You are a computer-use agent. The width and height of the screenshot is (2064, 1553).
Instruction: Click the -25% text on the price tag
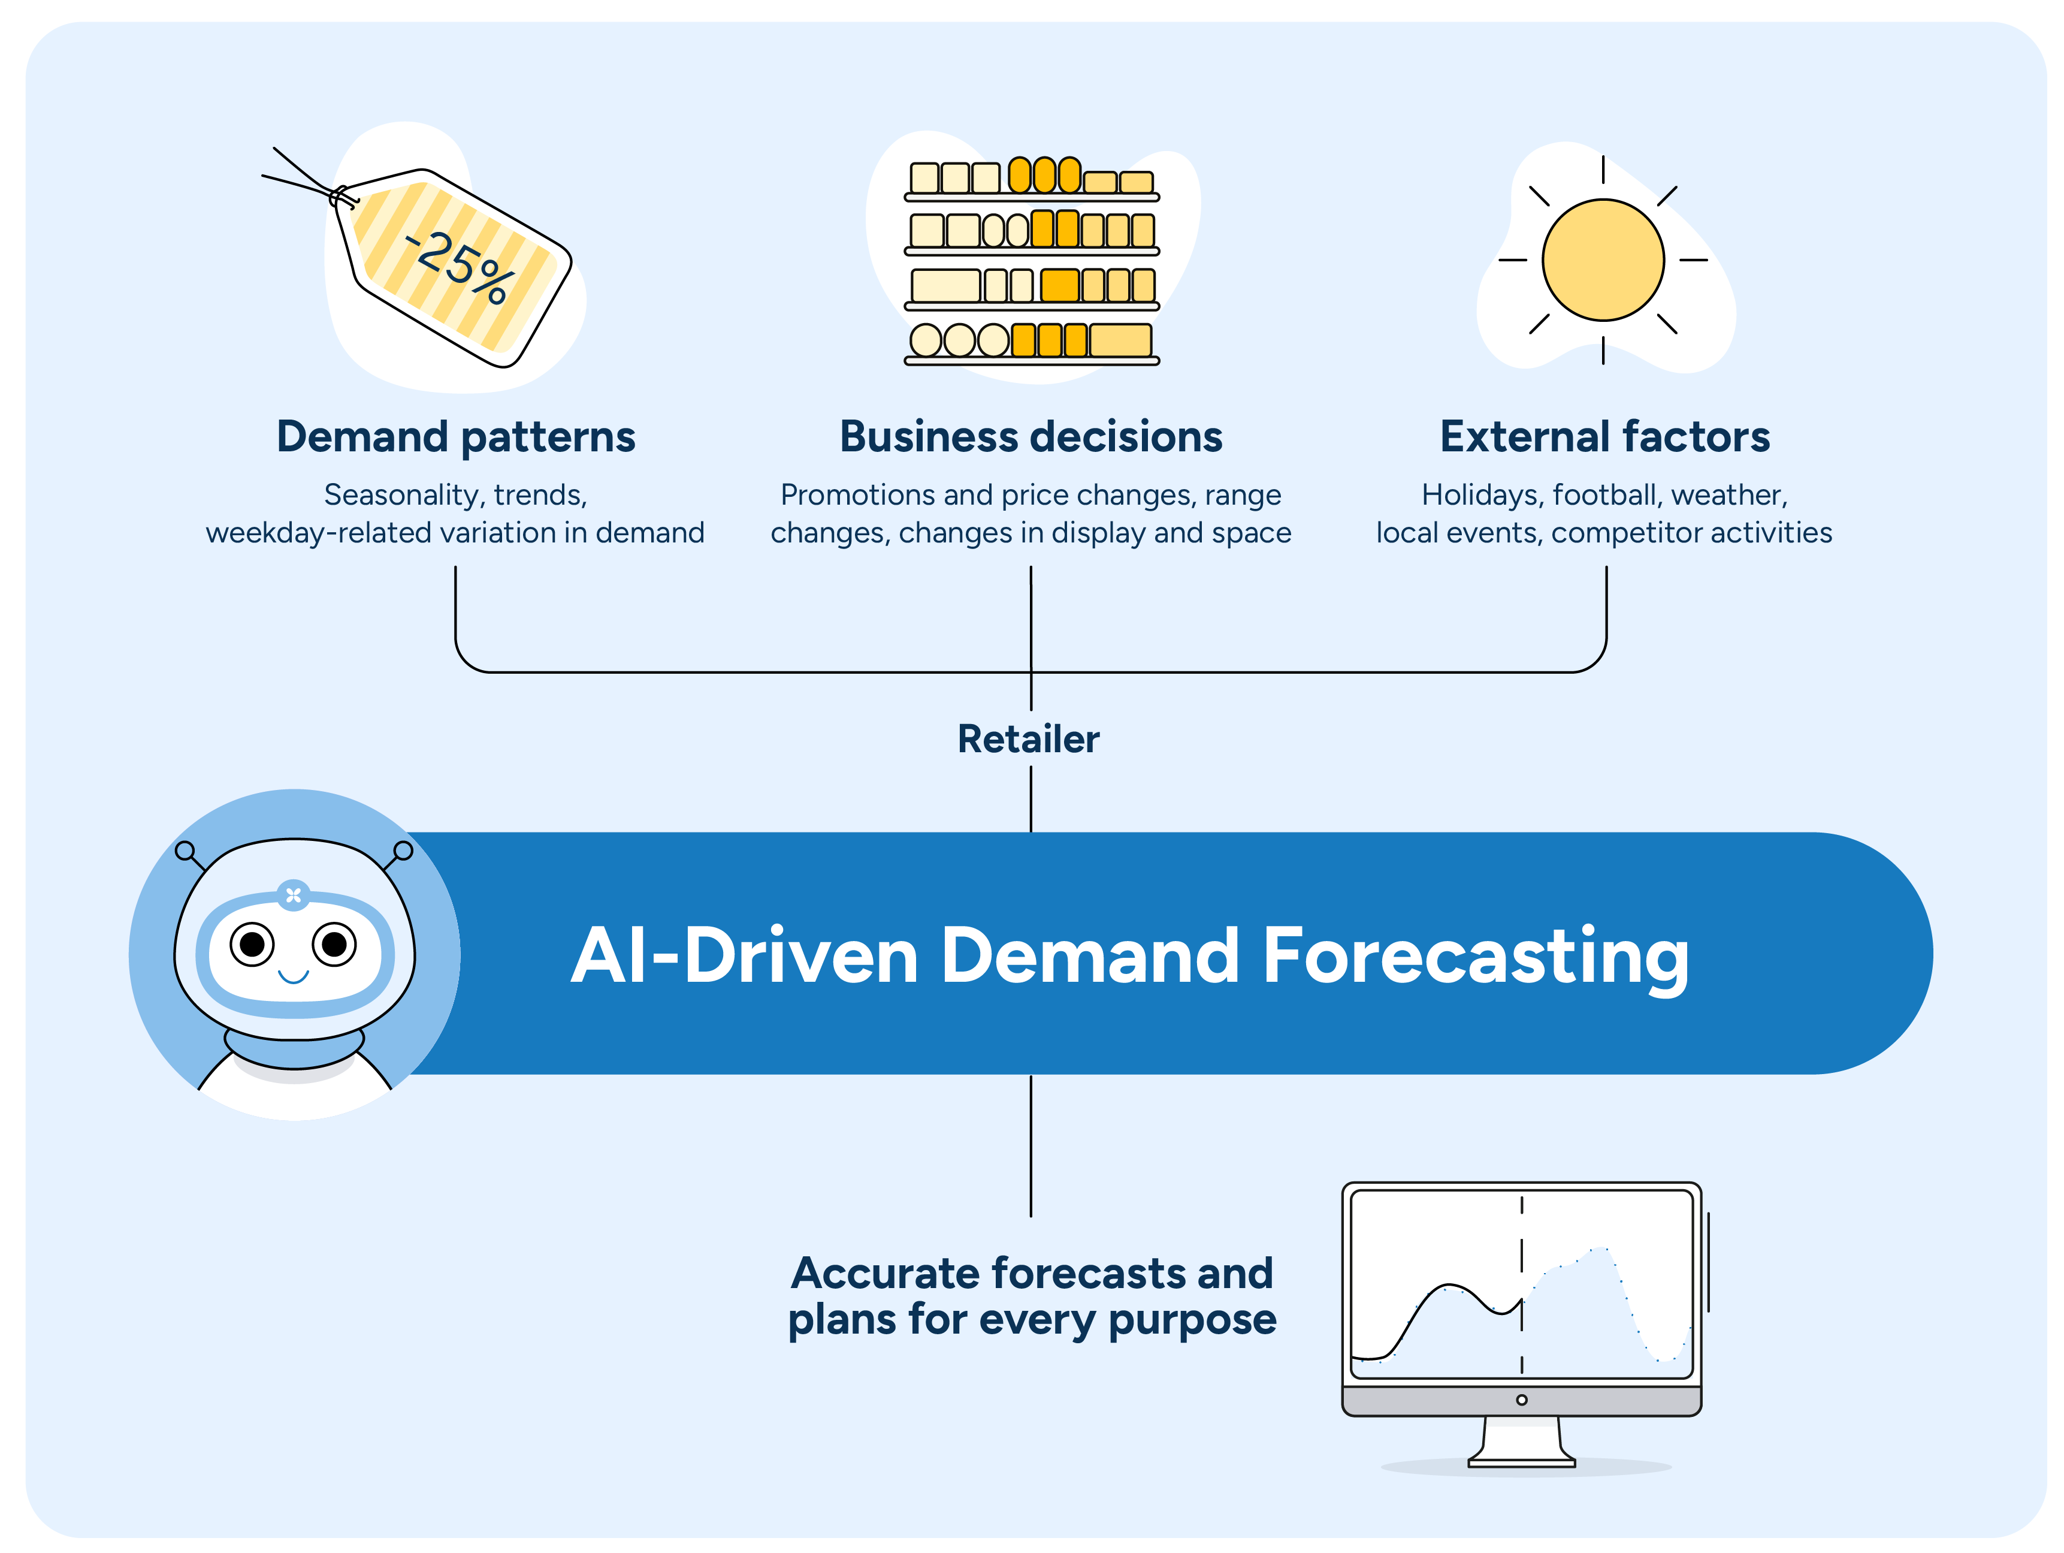(x=460, y=267)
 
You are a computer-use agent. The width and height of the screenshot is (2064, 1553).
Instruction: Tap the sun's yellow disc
(x=1602, y=260)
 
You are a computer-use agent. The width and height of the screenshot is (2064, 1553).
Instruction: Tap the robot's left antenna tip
(x=185, y=851)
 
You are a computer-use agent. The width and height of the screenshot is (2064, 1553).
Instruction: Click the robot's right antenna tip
(x=403, y=851)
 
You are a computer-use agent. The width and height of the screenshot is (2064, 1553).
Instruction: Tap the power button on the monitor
(x=1521, y=1400)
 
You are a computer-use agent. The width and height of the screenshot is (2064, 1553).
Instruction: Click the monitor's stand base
(x=1521, y=1459)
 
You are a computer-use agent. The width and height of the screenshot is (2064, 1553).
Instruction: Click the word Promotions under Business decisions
(x=857, y=494)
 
